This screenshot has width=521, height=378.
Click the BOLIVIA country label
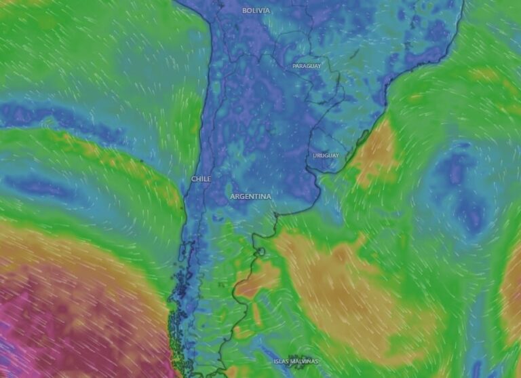256,10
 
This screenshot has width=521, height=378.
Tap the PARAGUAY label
307,66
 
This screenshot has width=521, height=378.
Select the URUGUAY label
326,155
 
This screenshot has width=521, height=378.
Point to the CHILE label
201,179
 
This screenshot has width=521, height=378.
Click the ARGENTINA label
250,196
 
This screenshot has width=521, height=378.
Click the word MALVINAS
305,361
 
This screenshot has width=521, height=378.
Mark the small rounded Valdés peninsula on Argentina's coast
260,252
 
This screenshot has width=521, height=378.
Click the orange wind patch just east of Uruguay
377,153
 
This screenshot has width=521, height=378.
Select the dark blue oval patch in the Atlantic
461,190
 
